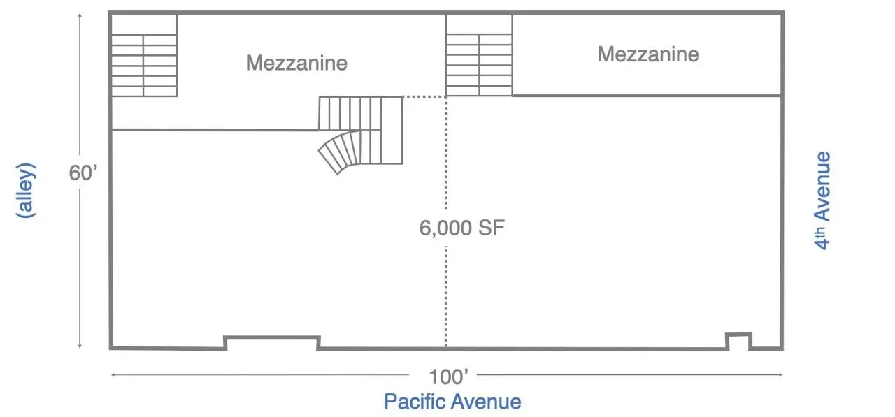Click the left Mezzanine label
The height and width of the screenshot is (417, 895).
(296, 63)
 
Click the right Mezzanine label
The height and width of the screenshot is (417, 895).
(647, 54)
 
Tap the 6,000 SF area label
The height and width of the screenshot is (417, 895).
(461, 228)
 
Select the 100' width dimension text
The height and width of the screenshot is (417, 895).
(449, 377)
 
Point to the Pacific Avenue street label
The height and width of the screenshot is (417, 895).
(452, 402)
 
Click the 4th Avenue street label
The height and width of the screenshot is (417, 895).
(824, 200)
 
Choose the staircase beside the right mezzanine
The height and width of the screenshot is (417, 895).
(479, 55)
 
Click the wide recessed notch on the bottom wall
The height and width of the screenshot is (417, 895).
(272, 342)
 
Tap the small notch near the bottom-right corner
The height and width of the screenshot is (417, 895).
(738, 341)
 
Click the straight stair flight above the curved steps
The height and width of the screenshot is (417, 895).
(359, 113)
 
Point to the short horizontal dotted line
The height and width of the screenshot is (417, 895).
(424, 97)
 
